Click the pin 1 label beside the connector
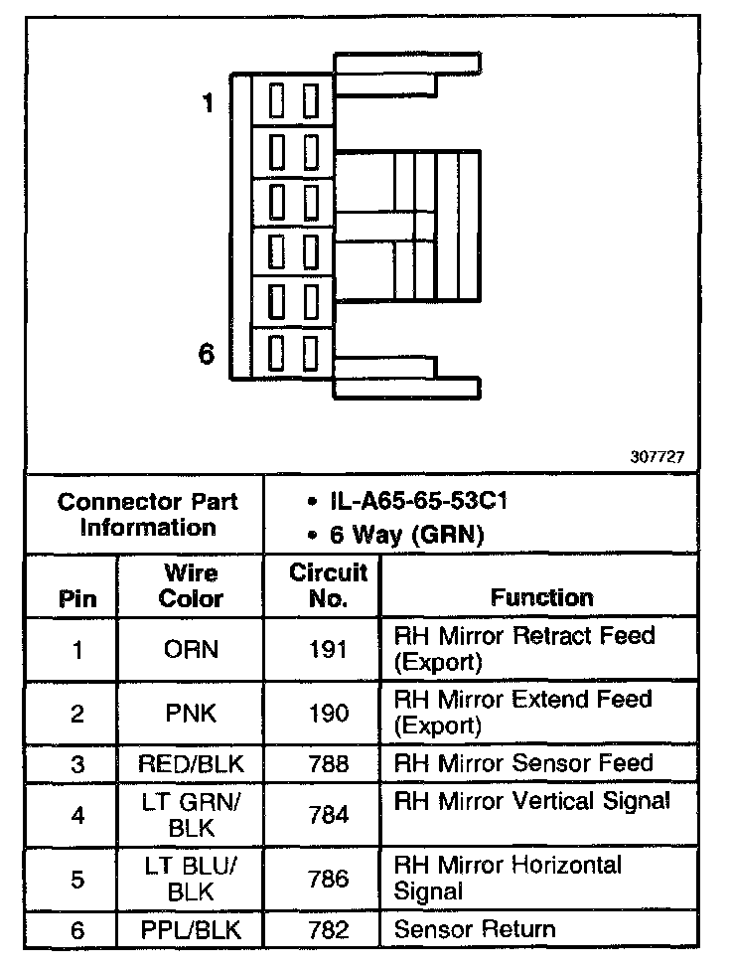208,103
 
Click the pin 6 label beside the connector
208,354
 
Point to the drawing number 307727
657,458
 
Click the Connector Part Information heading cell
147,514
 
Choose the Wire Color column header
191,586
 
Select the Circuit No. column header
329,586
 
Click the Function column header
541,597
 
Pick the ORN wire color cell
191,650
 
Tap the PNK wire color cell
191,714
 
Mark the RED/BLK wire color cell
191,764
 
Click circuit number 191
329,650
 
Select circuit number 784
329,815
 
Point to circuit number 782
329,931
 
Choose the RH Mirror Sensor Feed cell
523,763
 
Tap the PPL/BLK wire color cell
191,931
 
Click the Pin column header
78,598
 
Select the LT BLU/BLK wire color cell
191,879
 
